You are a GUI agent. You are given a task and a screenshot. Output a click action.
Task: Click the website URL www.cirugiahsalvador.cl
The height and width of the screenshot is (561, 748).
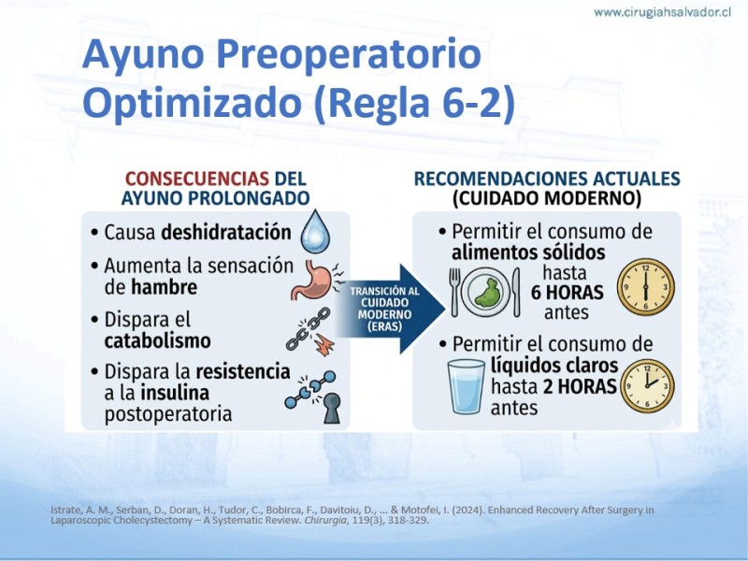click(x=662, y=12)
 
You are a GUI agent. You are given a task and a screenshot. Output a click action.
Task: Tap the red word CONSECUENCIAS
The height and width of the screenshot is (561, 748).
click(x=197, y=179)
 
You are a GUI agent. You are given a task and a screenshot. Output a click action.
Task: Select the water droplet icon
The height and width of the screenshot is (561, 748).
click(x=315, y=231)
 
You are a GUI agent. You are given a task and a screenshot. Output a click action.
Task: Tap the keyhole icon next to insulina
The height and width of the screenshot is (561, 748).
click(x=332, y=409)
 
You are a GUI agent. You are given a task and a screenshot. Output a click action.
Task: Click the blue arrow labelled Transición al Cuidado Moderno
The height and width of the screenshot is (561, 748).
click(x=390, y=309)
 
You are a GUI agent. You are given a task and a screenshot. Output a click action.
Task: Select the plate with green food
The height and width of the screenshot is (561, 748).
click(x=485, y=292)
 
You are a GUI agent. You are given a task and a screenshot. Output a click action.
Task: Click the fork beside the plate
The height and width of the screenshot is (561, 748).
click(x=454, y=292)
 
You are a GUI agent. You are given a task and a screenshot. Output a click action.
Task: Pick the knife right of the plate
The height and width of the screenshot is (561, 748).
click(x=516, y=292)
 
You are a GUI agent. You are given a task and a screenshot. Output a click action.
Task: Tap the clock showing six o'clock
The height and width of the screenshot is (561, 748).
click(x=645, y=287)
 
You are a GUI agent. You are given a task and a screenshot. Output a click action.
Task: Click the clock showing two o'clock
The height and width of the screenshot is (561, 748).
click(x=647, y=386)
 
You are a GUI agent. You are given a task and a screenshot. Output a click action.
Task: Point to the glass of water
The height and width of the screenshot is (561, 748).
click(x=466, y=386)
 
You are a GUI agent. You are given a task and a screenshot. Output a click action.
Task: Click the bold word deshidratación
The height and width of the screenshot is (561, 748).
click(x=226, y=232)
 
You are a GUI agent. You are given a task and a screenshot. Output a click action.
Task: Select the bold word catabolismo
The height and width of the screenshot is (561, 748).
click(x=157, y=340)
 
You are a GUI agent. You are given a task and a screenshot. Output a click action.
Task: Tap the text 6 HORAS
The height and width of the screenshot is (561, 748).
click(x=568, y=293)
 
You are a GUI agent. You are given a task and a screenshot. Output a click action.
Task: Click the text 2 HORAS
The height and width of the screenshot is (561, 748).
click(x=580, y=386)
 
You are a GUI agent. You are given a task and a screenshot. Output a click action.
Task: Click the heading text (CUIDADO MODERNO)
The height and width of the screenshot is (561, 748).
click(x=547, y=198)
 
